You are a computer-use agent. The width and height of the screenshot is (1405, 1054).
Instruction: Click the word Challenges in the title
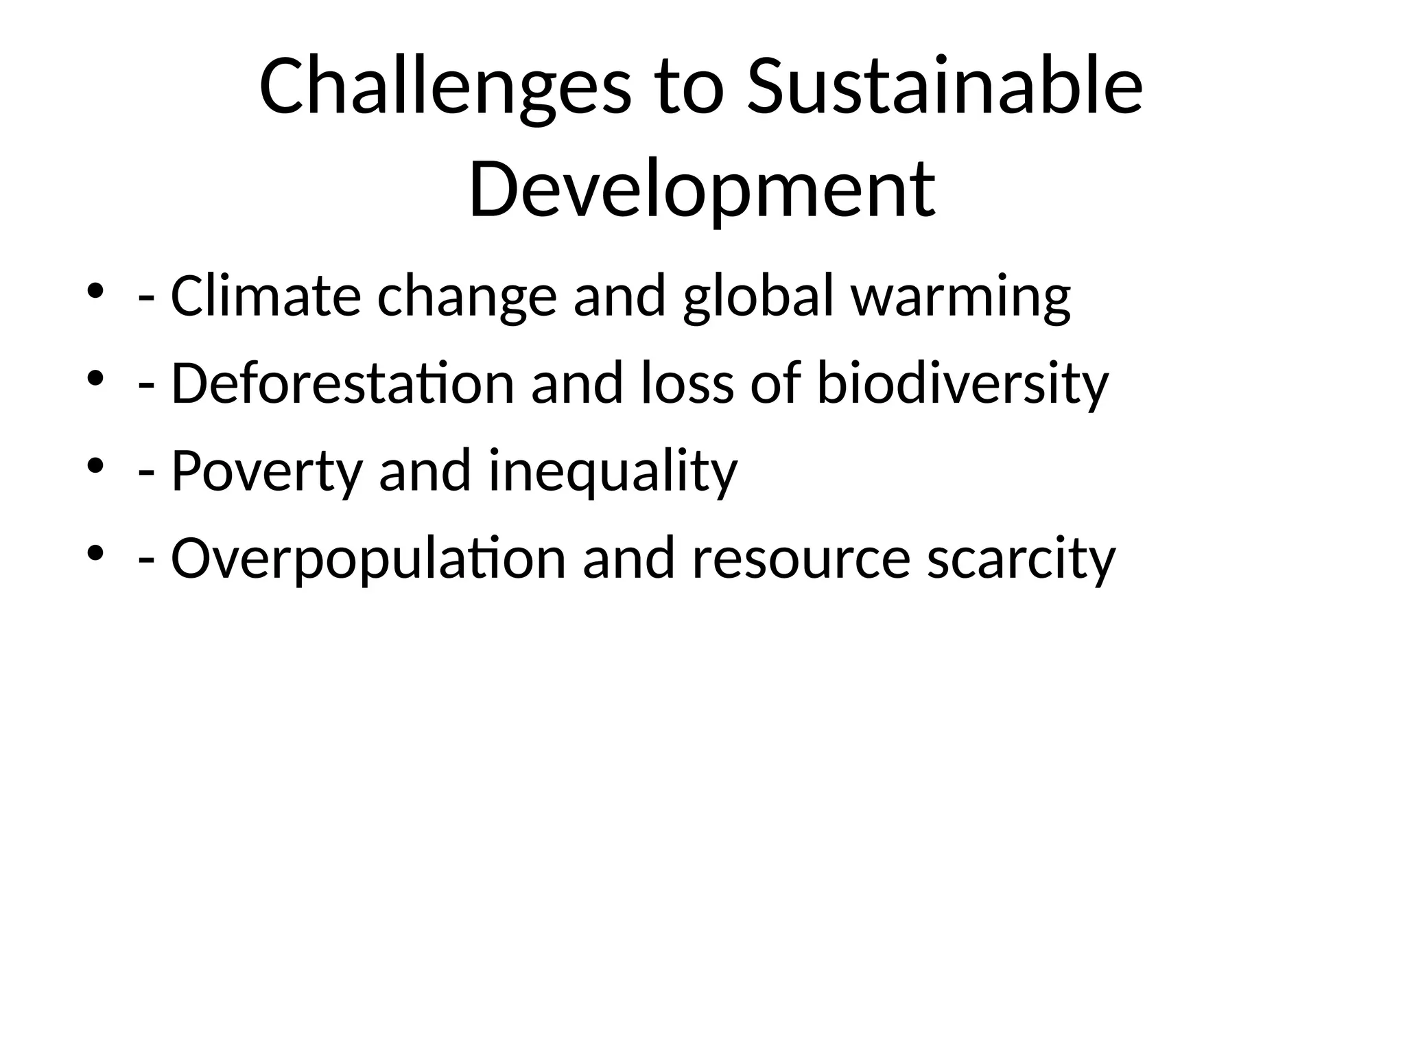pos(444,88)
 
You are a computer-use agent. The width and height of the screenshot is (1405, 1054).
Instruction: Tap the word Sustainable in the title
pos(945,88)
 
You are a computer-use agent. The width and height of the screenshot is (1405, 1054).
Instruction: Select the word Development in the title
pos(702,188)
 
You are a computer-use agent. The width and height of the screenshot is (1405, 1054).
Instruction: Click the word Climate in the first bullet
pos(265,296)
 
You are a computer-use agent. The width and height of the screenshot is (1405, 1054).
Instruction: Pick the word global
pos(759,296)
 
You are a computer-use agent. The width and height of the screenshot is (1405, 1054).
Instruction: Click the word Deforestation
pos(342,384)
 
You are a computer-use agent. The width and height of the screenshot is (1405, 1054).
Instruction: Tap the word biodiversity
pos(963,385)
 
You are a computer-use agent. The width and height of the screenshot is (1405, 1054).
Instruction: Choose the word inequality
pos(613,472)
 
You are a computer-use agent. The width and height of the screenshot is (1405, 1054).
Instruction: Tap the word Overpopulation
pos(368,560)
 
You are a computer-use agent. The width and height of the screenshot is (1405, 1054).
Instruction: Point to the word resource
pos(801,560)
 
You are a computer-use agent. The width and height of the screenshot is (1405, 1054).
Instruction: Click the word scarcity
pos(1021,560)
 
